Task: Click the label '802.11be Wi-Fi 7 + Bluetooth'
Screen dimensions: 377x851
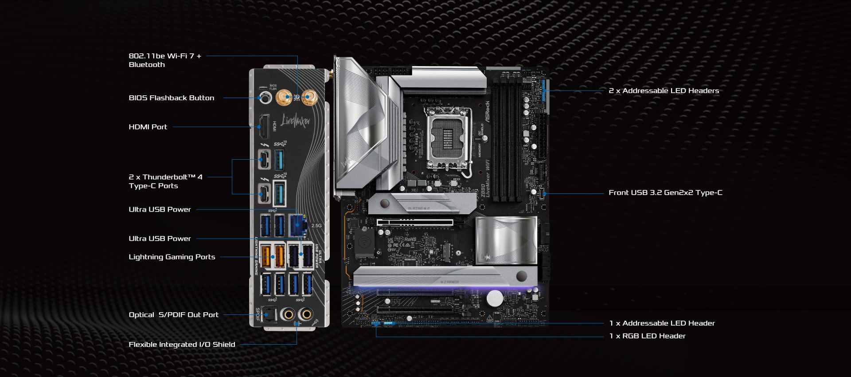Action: [x=165, y=60]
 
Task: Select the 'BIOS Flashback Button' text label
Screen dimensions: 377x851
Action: [x=171, y=98]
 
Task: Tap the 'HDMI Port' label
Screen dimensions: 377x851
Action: [x=148, y=127]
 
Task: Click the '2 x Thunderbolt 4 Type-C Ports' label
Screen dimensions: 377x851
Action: [x=165, y=181]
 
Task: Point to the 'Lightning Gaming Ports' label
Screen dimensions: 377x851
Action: [x=172, y=257]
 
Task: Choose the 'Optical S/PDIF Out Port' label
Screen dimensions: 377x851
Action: [x=173, y=315]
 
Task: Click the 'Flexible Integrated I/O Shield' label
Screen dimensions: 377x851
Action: [x=182, y=345]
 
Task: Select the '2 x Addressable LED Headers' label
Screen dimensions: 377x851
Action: [x=664, y=91]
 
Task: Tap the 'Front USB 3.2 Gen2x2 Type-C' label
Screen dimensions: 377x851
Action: [x=665, y=192]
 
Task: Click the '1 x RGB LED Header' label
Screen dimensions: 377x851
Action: [x=647, y=336]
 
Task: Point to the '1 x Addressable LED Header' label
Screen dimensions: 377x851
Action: [x=662, y=323]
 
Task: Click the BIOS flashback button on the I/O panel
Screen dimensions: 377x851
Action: [x=265, y=98]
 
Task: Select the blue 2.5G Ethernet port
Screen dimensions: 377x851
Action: [x=298, y=225]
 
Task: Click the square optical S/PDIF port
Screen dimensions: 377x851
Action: [x=269, y=315]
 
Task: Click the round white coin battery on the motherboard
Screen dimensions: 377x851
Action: [x=495, y=298]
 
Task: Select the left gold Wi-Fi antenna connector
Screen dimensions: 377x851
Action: [x=284, y=97]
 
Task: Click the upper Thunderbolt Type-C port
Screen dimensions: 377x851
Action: [x=264, y=159]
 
